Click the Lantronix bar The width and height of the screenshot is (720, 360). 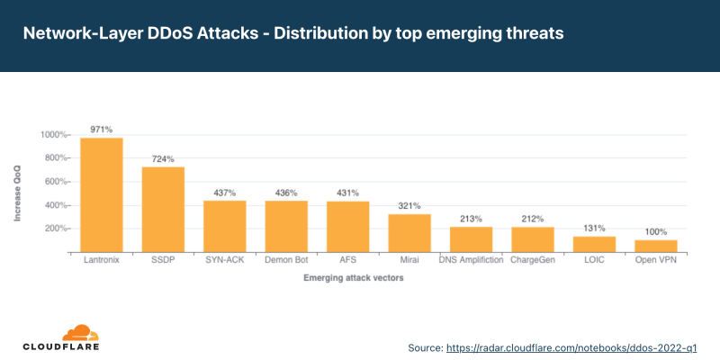(102, 194)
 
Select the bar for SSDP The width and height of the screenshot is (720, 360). (163, 209)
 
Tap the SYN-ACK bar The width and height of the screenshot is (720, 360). (225, 226)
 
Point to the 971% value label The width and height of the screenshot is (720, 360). (102, 130)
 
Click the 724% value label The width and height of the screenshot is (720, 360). (163, 158)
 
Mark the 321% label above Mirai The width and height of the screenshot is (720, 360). (409, 206)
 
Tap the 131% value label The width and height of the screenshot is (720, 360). (594, 229)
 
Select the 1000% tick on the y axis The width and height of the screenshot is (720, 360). (53, 135)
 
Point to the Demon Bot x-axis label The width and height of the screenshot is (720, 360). (286, 261)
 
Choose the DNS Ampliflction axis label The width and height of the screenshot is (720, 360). (471, 261)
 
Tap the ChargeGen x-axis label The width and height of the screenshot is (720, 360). (532, 261)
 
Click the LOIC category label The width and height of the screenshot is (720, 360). (594, 261)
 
